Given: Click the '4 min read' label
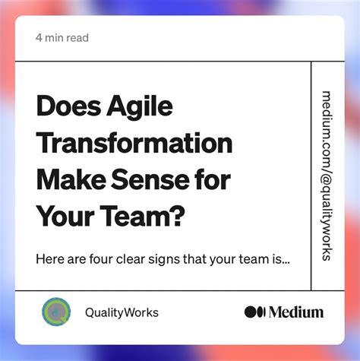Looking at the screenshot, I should (x=62, y=38).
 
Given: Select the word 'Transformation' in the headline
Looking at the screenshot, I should (x=134, y=144).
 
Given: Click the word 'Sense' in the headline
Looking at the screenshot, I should (x=150, y=181).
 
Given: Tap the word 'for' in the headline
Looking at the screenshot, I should (x=214, y=181).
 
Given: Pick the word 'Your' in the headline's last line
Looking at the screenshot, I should (x=65, y=217).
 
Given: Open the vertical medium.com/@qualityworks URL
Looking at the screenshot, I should (x=327, y=176).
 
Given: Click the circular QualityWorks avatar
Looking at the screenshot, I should (x=56, y=312).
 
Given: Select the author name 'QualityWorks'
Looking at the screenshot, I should (x=122, y=312).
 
